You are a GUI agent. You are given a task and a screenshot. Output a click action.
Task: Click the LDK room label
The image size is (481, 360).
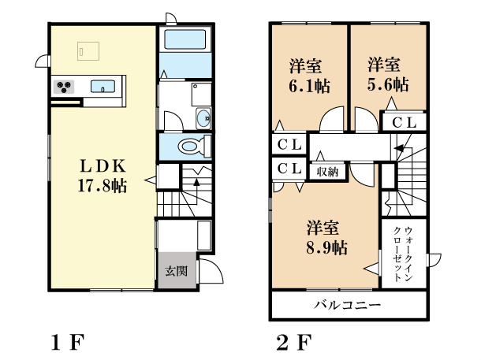[x=103, y=166]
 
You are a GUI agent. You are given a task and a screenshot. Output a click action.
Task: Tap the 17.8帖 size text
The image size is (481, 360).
[x=103, y=186]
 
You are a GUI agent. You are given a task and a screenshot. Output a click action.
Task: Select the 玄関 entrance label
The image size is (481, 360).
[x=175, y=272]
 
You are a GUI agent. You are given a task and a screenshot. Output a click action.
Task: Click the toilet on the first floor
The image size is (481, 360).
[x=188, y=147]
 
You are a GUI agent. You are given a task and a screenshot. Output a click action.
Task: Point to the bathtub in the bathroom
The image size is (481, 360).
[x=185, y=40]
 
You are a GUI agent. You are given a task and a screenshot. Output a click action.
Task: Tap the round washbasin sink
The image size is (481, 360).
[x=203, y=118]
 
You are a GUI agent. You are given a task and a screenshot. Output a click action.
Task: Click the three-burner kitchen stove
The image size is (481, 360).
[x=64, y=86]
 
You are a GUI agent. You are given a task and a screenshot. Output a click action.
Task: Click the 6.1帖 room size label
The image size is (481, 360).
[x=308, y=84]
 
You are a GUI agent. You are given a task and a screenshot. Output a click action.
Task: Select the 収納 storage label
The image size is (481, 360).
[x=329, y=170]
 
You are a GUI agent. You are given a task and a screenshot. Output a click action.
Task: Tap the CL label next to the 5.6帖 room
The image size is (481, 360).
[x=405, y=122]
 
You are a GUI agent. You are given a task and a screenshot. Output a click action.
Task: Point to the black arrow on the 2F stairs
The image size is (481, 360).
[x=400, y=147]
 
